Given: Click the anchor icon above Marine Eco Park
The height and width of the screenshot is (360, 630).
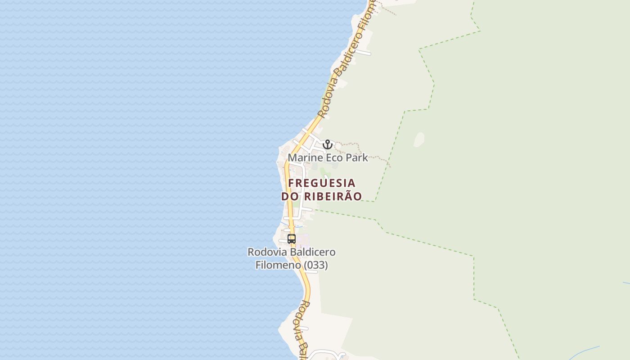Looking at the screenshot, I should pos(327,144).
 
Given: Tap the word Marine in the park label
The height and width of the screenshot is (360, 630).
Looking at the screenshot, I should pos(305,158).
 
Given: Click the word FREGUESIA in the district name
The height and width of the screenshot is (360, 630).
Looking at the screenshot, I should pos(322,183).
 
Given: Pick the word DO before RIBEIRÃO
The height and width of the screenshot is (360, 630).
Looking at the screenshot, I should pos(290,197).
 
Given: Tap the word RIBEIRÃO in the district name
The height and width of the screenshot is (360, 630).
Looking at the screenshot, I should pos(333,197).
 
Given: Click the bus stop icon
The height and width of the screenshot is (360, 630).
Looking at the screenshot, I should pos(292,239).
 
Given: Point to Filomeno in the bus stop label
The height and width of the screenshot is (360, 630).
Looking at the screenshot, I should pos(278,265).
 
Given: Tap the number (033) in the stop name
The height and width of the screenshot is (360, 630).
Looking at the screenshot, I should pos(316,265).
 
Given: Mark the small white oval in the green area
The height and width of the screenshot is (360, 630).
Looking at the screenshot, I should pos(419,139).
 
